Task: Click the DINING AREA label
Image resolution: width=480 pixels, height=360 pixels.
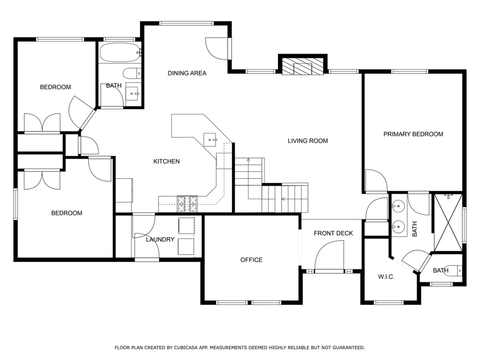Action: pyautogui.click(x=187, y=73)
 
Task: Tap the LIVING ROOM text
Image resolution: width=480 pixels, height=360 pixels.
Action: pyautogui.click(x=307, y=141)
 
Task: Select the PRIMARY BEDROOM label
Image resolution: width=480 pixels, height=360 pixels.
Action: pyautogui.click(x=413, y=134)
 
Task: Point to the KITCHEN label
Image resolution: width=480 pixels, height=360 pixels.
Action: pyautogui.click(x=166, y=161)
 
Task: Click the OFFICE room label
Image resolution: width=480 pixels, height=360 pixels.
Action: pyautogui.click(x=251, y=260)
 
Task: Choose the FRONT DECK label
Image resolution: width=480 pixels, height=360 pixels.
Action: pyautogui.click(x=333, y=233)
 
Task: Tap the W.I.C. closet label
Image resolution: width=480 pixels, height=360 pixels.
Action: pyautogui.click(x=386, y=277)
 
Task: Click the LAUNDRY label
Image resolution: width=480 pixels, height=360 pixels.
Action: pyautogui.click(x=160, y=240)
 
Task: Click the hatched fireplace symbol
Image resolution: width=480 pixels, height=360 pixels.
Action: pyautogui.click(x=302, y=67)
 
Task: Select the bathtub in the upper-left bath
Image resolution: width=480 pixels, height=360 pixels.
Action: pyautogui.click(x=120, y=52)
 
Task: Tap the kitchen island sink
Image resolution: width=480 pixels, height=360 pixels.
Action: pyautogui.click(x=210, y=140)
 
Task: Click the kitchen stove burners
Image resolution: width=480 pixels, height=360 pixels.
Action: pyautogui.click(x=187, y=204)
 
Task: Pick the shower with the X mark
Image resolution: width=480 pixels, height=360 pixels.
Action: pyautogui.click(x=449, y=223)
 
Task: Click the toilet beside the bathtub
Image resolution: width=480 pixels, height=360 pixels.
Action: pyautogui.click(x=132, y=74)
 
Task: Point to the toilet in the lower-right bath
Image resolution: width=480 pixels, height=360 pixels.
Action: pyautogui.click(x=453, y=270)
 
